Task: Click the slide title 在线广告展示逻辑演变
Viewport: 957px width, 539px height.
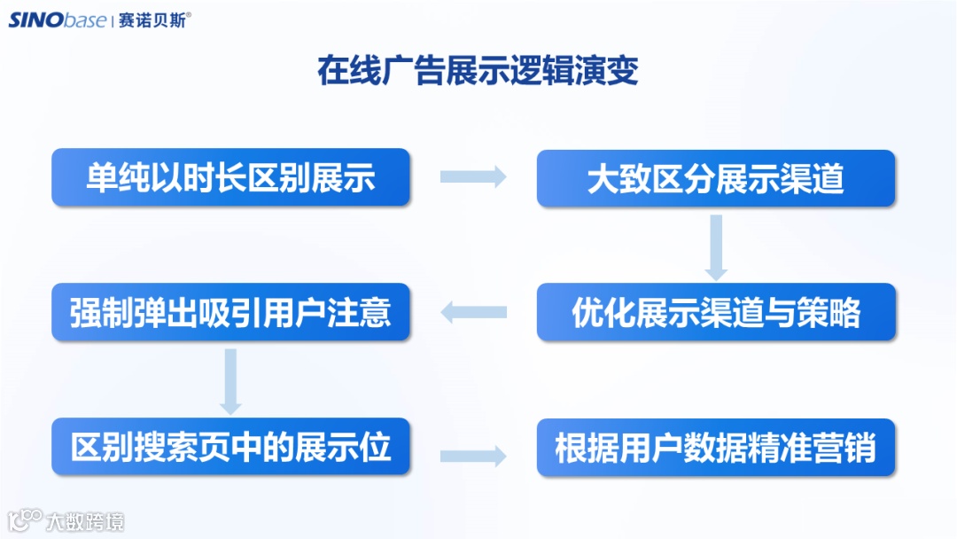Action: (478, 71)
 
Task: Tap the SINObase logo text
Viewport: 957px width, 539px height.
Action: (58, 20)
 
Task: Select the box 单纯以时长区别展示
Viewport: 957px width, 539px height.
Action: (230, 177)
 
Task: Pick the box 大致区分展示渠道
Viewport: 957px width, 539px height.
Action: (716, 178)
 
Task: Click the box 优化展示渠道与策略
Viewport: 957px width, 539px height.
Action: (716, 312)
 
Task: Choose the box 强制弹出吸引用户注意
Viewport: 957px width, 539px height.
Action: (230, 312)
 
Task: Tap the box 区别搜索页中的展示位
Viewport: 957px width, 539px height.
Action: (230, 447)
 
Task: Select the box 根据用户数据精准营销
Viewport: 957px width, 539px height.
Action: (716, 447)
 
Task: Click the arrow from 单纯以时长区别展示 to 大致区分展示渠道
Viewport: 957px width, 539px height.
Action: (473, 177)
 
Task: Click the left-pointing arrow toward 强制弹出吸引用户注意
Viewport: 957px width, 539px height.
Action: (473, 312)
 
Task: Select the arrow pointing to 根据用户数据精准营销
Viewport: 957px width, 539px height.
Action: (473, 456)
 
